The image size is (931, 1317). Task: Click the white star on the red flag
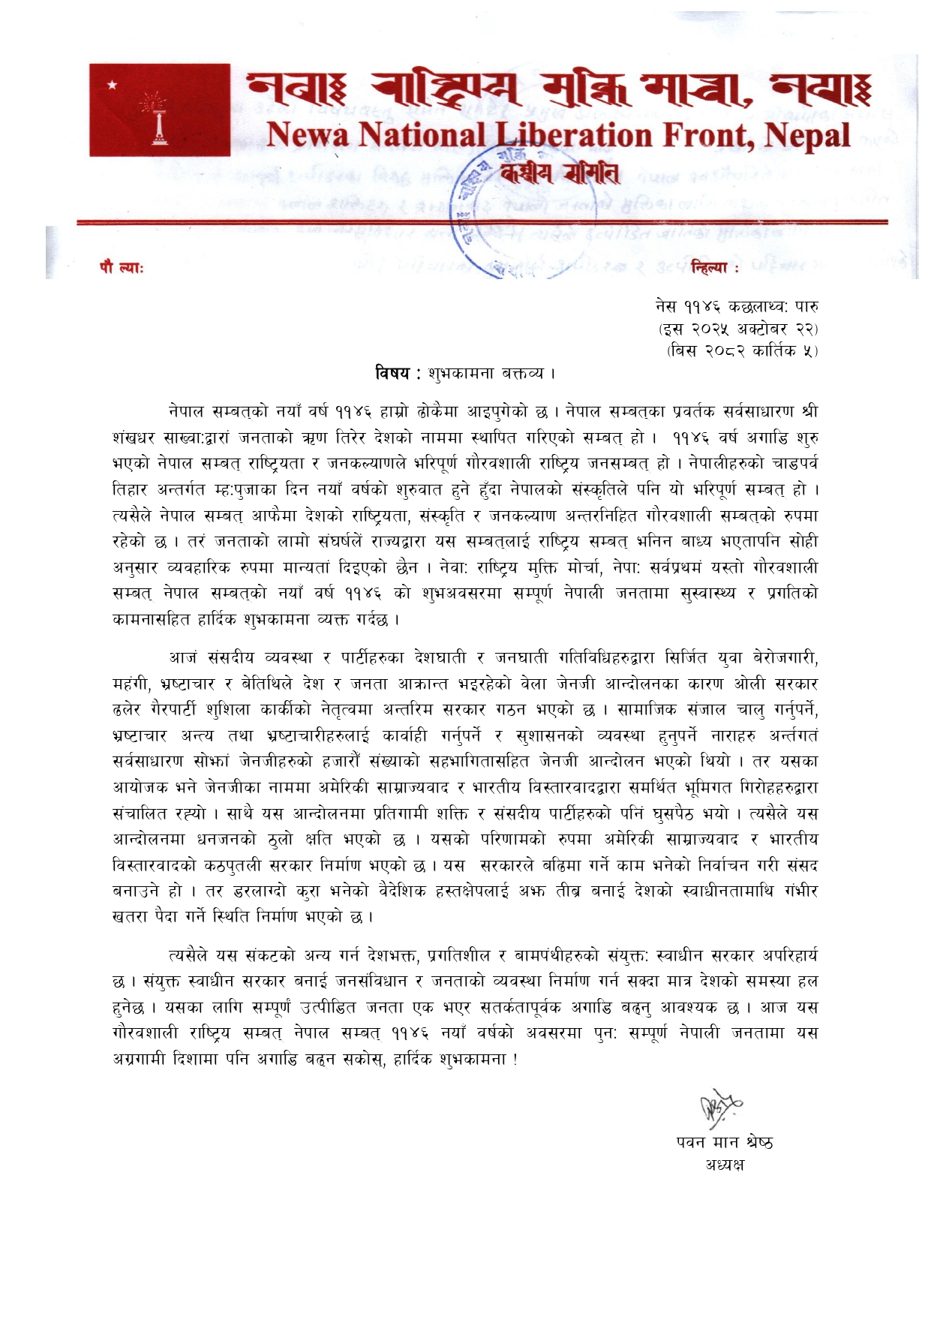(x=113, y=85)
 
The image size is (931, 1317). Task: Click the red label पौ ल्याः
(x=122, y=268)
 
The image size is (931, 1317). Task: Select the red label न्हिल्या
(x=710, y=268)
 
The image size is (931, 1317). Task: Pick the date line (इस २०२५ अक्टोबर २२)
(x=738, y=329)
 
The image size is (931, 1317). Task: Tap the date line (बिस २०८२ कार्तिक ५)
(x=742, y=350)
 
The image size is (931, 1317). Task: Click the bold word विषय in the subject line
(x=392, y=373)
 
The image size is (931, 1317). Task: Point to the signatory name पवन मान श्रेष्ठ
(x=724, y=1142)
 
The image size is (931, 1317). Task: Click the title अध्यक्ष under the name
(x=724, y=1165)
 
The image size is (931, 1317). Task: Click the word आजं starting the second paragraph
(x=183, y=658)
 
